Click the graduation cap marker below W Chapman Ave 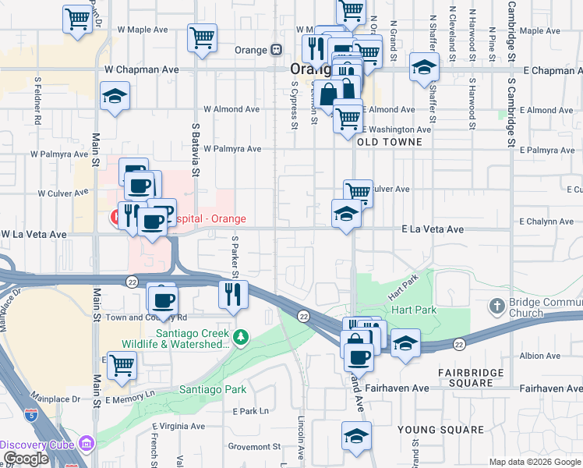click(x=115, y=96)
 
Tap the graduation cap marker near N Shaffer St click(x=424, y=67)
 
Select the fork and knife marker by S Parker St click(x=232, y=294)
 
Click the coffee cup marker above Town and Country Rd click(x=163, y=299)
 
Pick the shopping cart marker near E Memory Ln click(x=121, y=365)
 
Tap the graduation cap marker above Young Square click(x=356, y=435)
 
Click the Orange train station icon click(x=276, y=49)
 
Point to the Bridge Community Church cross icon click(x=496, y=303)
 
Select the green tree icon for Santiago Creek click(x=242, y=337)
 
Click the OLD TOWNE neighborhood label click(x=389, y=142)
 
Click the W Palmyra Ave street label click(x=231, y=148)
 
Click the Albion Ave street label click(x=539, y=356)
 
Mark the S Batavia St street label click(x=196, y=150)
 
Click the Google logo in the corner click(x=26, y=459)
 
